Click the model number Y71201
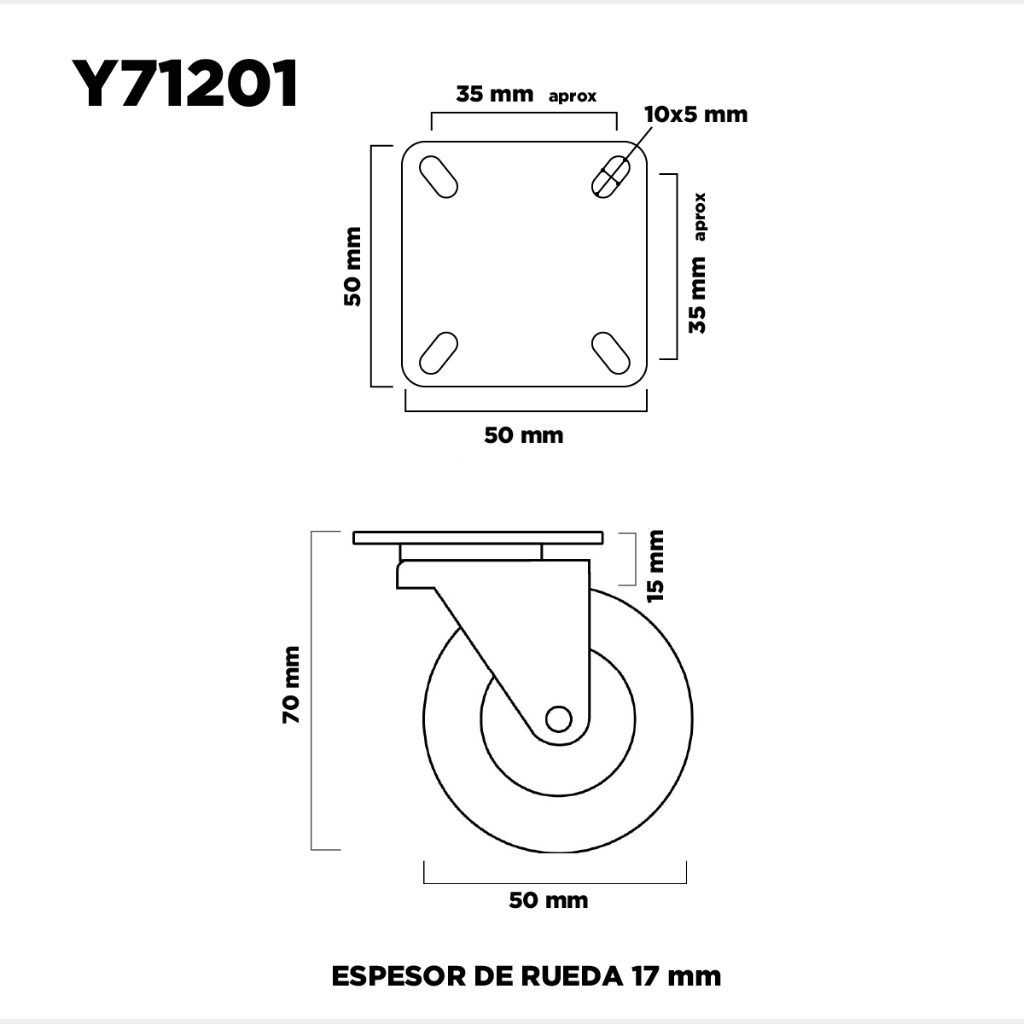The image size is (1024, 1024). click(184, 84)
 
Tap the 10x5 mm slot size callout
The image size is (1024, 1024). click(696, 115)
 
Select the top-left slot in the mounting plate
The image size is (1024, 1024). click(439, 177)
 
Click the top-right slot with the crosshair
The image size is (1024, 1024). click(611, 177)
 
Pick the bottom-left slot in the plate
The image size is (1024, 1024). click(439, 352)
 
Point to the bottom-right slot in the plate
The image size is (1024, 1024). click(611, 352)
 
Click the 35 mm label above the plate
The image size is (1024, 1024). click(495, 95)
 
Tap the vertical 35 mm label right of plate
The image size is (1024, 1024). click(698, 295)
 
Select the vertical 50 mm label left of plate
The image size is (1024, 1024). click(352, 267)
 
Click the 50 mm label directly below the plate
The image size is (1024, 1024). click(524, 436)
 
